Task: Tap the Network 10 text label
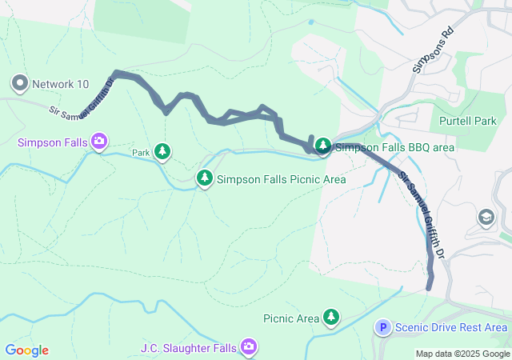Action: (60, 83)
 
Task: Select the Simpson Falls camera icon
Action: (100, 142)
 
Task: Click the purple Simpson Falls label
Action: (53, 142)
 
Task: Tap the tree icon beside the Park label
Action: (162, 151)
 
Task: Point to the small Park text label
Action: (141, 152)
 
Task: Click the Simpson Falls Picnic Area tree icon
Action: (206, 178)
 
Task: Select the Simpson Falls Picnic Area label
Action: (281, 179)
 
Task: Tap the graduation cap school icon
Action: (486, 217)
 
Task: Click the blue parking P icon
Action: (383, 327)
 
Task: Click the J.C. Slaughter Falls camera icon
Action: (250, 346)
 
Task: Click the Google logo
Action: (26, 350)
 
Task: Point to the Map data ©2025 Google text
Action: (462, 354)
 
